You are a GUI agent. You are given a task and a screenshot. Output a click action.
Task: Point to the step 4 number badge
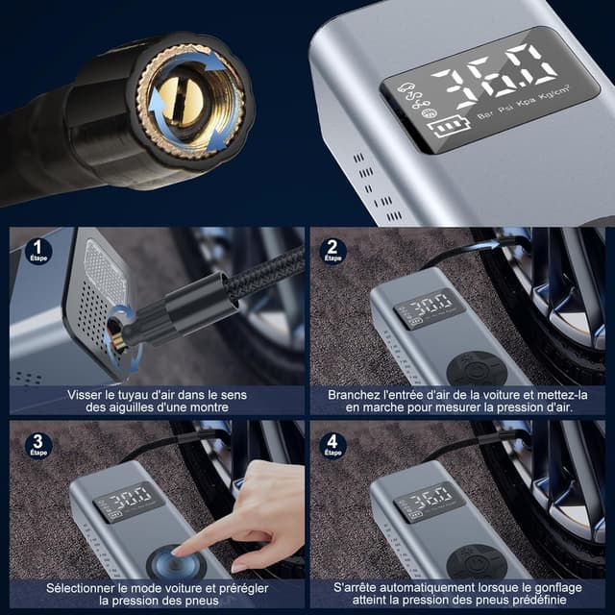click(x=332, y=445)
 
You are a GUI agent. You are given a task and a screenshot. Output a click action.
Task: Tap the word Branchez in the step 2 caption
click(x=356, y=394)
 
